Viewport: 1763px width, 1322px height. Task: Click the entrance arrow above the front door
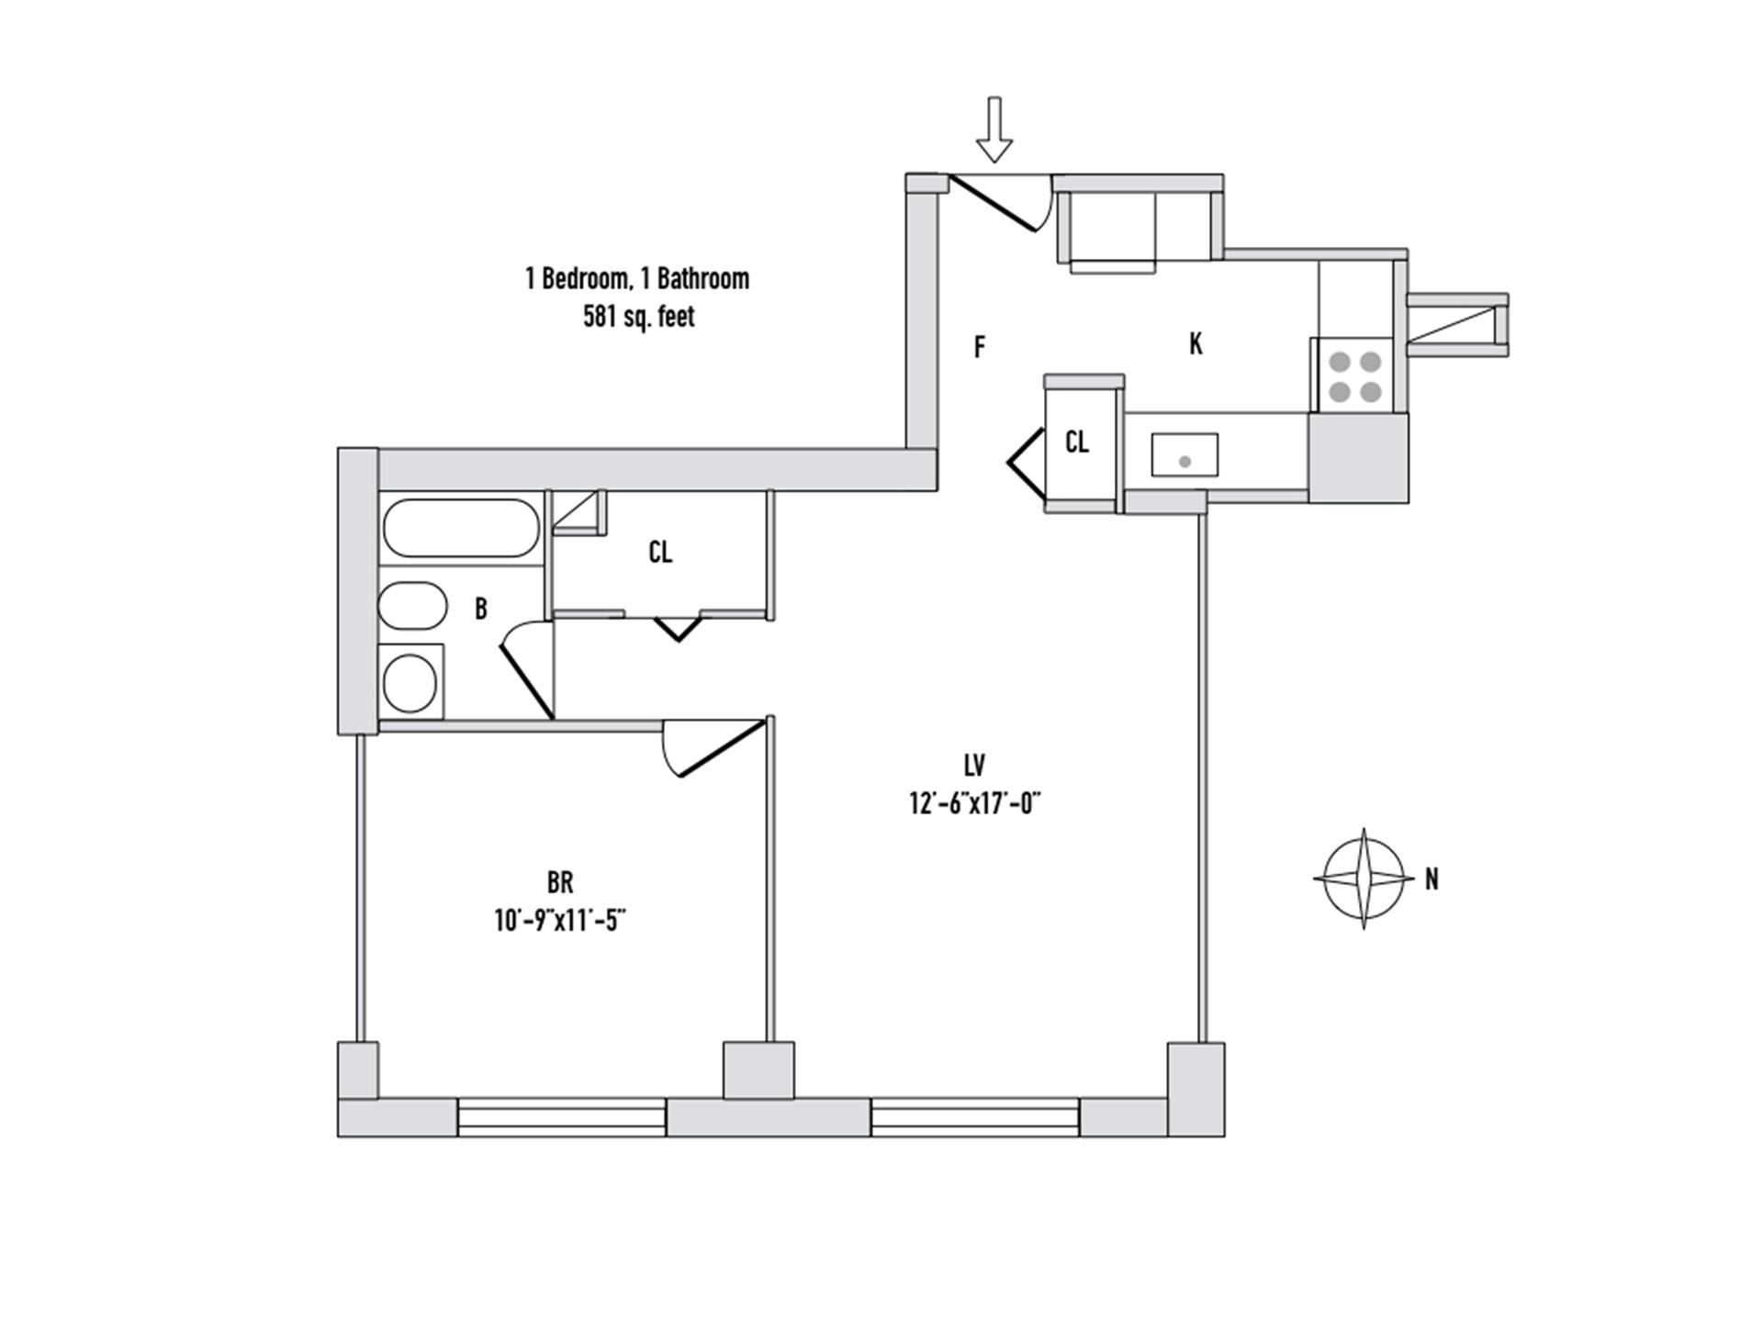coord(994,129)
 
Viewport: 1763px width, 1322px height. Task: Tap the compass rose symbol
coord(1364,879)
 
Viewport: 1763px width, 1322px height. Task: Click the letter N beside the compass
coord(1432,879)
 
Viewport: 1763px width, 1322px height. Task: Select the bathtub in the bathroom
coord(460,528)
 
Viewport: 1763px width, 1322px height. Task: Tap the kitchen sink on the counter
coord(1185,455)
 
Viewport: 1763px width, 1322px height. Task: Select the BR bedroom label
coord(560,883)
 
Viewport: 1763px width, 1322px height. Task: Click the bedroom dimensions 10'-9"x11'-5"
coord(560,920)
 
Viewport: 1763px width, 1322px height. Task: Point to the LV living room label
coord(974,766)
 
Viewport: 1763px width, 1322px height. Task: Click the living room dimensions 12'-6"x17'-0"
coord(974,803)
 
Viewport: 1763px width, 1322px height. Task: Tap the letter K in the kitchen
coord(1196,344)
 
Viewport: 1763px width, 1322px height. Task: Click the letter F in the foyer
coord(980,347)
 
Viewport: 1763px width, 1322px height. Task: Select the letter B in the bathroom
coord(480,609)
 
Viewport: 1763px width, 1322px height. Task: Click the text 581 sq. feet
coord(638,317)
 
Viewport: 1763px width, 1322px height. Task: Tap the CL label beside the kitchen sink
coord(1077,443)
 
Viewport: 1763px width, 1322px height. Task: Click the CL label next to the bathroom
coord(660,553)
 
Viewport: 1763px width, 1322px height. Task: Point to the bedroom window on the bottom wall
coord(561,1117)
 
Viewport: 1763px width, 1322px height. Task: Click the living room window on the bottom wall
coord(974,1117)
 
